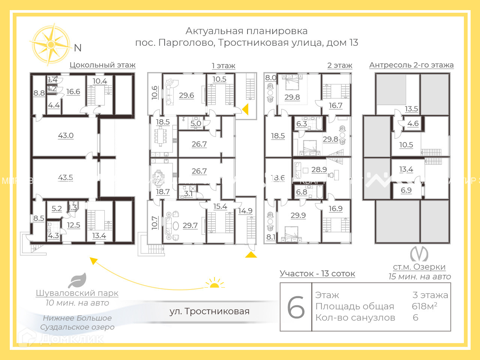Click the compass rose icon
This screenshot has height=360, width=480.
tap(50, 45)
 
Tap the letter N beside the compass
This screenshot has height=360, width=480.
tap(78, 48)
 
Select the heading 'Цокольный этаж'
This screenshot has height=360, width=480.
tap(102, 65)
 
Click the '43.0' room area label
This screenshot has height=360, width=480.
tap(66, 135)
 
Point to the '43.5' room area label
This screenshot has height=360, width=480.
tap(66, 177)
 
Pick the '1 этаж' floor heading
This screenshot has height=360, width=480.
tap(223, 66)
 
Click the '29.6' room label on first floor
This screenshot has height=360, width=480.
tap(186, 95)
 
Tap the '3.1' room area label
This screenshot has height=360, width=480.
tap(188, 193)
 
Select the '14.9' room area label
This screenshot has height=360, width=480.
tap(245, 211)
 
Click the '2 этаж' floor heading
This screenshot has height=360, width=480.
tap(340, 65)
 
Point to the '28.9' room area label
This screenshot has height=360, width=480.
tap(319, 169)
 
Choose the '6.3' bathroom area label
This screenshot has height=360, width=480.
tap(301, 124)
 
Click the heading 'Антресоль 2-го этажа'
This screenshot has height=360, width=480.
tap(411, 65)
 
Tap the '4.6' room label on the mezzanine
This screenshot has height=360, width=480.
tap(413, 123)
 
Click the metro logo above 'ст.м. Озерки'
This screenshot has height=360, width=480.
tap(419, 254)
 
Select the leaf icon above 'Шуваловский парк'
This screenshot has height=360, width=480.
tap(77, 280)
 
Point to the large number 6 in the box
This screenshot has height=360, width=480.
tap(296, 307)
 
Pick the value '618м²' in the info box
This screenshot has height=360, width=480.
tap(424, 306)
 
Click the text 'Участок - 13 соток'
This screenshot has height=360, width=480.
tap(317, 273)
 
